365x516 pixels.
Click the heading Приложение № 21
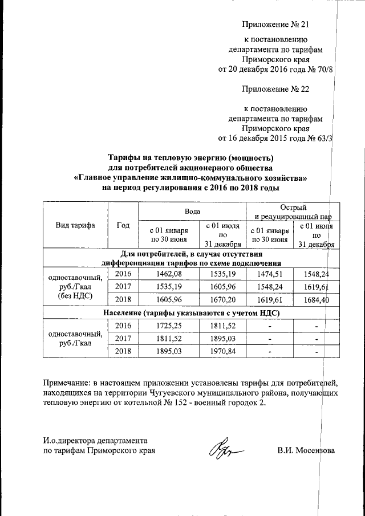click(x=275, y=25)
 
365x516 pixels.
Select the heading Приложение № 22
click(x=275, y=90)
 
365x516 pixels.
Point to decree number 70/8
click(x=321, y=70)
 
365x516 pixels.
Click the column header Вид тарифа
click(x=75, y=225)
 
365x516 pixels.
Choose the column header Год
click(x=123, y=225)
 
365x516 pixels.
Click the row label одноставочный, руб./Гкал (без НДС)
click(x=75, y=287)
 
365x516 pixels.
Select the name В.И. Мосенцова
click(x=306, y=451)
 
